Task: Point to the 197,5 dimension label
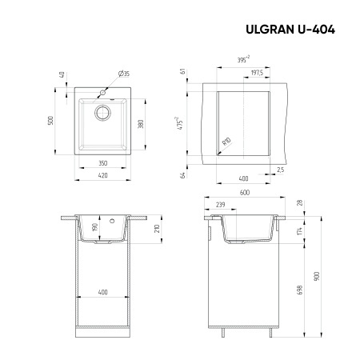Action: pyautogui.click(x=257, y=72)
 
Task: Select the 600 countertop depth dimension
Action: pyautogui.click(x=244, y=194)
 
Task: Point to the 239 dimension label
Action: pyautogui.click(x=218, y=205)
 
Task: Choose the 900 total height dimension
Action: pyautogui.click(x=318, y=275)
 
